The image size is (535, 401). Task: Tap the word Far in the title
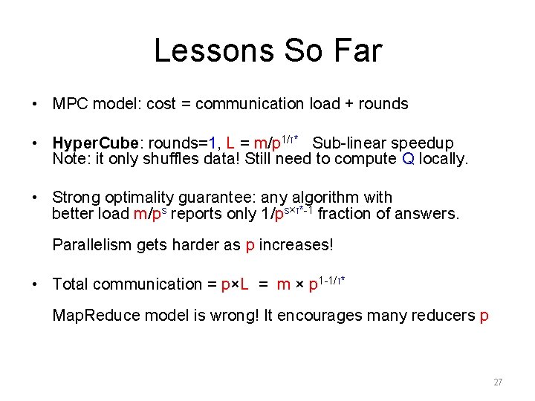357,50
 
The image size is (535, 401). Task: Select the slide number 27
498,382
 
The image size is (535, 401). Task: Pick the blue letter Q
407,159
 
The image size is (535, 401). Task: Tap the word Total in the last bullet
71,284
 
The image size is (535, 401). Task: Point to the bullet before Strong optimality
36,198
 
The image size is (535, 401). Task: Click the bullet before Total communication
36,284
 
